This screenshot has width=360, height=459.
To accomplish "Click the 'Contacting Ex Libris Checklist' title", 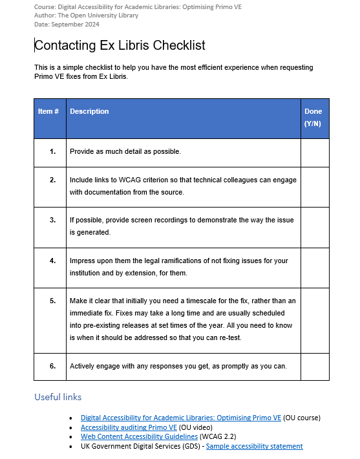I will tap(120, 45).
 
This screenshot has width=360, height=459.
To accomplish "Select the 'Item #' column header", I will tap(48, 111).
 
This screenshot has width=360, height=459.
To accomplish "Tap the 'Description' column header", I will tap(89, 111).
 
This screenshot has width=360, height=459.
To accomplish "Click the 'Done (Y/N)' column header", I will tap(313, 117).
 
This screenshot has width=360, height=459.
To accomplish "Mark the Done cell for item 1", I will tap(315, 152).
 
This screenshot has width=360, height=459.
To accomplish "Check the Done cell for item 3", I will tap(315, 226).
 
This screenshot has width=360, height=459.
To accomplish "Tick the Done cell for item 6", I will tap(315, 366).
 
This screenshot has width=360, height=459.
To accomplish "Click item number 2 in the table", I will tap(53, 180).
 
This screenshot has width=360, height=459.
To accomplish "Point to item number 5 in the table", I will tap(53, 301).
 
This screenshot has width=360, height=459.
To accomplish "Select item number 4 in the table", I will tap(53, 261).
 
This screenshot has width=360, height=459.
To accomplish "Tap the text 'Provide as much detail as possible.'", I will tap(125, 152).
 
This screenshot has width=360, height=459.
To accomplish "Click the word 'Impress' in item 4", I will tap(83, 261).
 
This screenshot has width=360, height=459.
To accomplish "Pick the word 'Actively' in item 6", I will tap(82, 366).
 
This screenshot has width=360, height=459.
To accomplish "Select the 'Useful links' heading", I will tap(58, 397).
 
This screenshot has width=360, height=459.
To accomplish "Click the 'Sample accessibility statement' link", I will tap(254, 446).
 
